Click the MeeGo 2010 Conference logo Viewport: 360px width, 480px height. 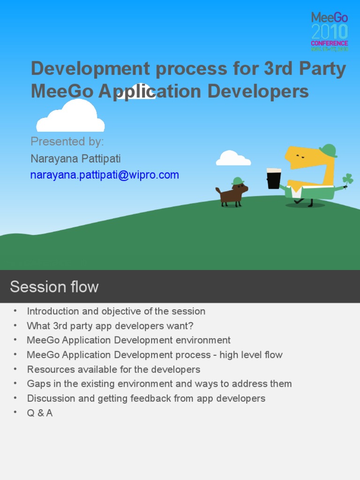point(330,31)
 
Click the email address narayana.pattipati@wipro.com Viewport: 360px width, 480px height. point(105,175)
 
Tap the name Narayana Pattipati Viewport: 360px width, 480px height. point(75,158)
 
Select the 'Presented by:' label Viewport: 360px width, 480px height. point(67,142)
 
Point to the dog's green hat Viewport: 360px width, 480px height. point(238,181)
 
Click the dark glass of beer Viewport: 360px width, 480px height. point(274,179)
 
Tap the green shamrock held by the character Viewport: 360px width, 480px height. point(347,179)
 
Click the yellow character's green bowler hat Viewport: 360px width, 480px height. point(328,150)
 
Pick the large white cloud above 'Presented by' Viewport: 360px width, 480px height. point(71,118)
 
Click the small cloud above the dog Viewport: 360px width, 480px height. point(232,158)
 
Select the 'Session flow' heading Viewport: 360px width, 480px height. point(54,286)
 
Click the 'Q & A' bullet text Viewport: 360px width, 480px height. point(40,413)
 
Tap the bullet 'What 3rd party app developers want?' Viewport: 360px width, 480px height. point(110,326)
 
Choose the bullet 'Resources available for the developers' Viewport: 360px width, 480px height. point(113,369)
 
